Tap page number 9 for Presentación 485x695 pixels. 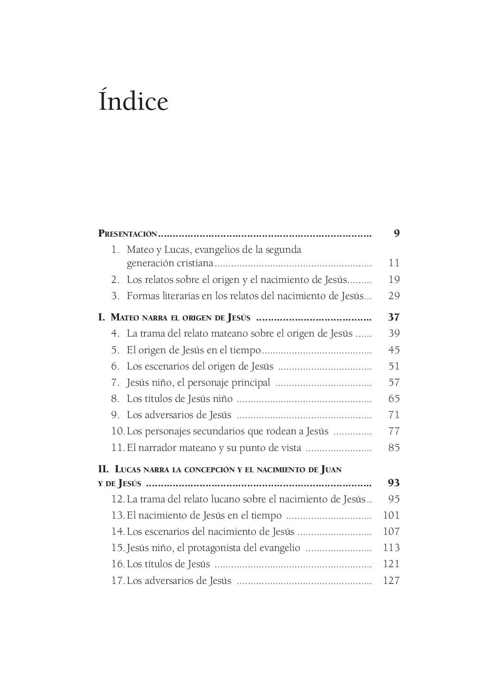coord(396,233)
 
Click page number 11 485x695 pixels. coord(394,263)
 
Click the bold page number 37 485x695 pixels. coord(393,317)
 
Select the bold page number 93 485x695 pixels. coord(393,483)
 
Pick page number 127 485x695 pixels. coord(392,580)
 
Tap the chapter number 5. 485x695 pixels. coord(115,350)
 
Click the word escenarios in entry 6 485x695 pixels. coord(167,366)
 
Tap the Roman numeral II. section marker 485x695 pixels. coord(104,469)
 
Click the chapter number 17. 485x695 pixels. coord(118,580)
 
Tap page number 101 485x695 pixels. coord(392,515)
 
